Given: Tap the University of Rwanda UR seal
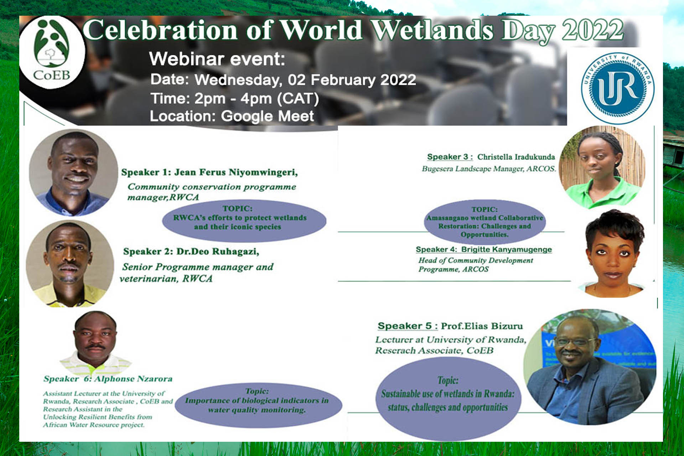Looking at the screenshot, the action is click(618, 88).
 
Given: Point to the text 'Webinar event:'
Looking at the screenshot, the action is click(217, 59).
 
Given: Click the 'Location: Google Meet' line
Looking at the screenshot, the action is click(232, 116).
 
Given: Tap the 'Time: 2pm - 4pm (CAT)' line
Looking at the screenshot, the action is click(234, 99).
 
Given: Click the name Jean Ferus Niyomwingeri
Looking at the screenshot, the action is click(236, 172).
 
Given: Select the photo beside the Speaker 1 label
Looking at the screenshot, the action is click(73, 172).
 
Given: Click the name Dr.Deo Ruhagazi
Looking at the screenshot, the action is click(218, 252).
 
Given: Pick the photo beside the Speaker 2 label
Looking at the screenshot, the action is click(70, 264).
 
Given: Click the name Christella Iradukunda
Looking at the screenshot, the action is click(516, 157).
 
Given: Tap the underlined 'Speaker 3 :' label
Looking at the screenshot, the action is click(450, 157).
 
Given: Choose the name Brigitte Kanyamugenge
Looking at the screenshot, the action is click(507, 249).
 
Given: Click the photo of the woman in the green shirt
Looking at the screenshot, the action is click(602, 166).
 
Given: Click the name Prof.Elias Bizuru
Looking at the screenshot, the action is click(482, 326).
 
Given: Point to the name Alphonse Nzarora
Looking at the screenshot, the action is click(133, 379).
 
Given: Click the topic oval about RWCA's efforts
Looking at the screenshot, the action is click(244, 221).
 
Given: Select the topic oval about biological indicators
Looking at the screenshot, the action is click(258, 405).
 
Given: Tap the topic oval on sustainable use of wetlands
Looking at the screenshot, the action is click(448, 398).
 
